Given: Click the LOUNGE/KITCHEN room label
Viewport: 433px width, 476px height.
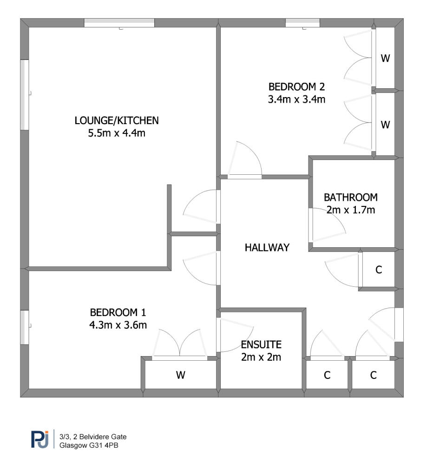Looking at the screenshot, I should pyautogui.click(x=117, y=120).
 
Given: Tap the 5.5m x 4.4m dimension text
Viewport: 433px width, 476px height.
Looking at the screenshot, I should pyautogui.click(x=117, y=134).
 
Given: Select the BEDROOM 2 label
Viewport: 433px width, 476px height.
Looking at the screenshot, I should pyautogui.click(x=296, y=86).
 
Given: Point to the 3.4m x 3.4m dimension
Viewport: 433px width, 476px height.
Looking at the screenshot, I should pyautogui.click(x=296, y=99).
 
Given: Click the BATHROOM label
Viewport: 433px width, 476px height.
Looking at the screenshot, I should pyautogui.click(x=351, y=197).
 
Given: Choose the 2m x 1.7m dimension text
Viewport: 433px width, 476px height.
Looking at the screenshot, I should pyautogui.click(x=351, y=210).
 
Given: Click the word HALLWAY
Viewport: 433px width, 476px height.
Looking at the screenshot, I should pyautogui.click(x=267, y=248).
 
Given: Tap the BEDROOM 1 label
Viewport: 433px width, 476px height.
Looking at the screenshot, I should pyautogui.click(x=118, y=312).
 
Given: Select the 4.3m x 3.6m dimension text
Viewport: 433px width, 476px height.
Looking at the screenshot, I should pyautogui.click(x=118, y=325).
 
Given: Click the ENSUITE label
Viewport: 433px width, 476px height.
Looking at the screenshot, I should pyautogui.click(x=261, y=344).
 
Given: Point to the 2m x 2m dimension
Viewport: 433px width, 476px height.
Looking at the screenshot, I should pyautogui.click(x=261, y=357).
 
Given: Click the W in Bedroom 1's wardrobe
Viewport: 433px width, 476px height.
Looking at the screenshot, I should pyautogui.click(x=181, y=375).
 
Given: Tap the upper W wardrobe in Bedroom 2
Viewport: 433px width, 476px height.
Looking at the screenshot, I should pyautogui.click(x=385, y=59).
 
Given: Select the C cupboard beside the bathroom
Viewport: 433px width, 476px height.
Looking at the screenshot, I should pyautogui.click(x=378, y=270).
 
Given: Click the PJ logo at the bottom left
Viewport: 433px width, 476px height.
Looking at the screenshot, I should pyautogui.click(x=40, y=439).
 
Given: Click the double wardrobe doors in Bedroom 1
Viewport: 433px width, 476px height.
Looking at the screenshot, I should pyautogui.click(x=180, y=344).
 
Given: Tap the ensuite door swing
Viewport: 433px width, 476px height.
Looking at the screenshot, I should pyautogui.click(x=232, y=335).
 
